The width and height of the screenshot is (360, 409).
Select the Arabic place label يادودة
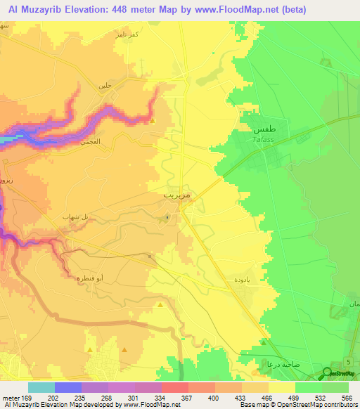[x=235, y=279]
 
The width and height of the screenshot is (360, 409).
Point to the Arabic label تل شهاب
[x=77, y=216]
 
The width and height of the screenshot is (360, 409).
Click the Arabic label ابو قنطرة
[x=90, y=278]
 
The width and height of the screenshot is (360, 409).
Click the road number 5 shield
[x=349, y=361]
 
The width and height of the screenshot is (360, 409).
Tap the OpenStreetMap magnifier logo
[x=327, y=374]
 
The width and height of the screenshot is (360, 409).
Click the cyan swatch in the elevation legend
[x=41, y=388]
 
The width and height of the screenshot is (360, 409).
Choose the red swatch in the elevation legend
[x=174, y=388]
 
